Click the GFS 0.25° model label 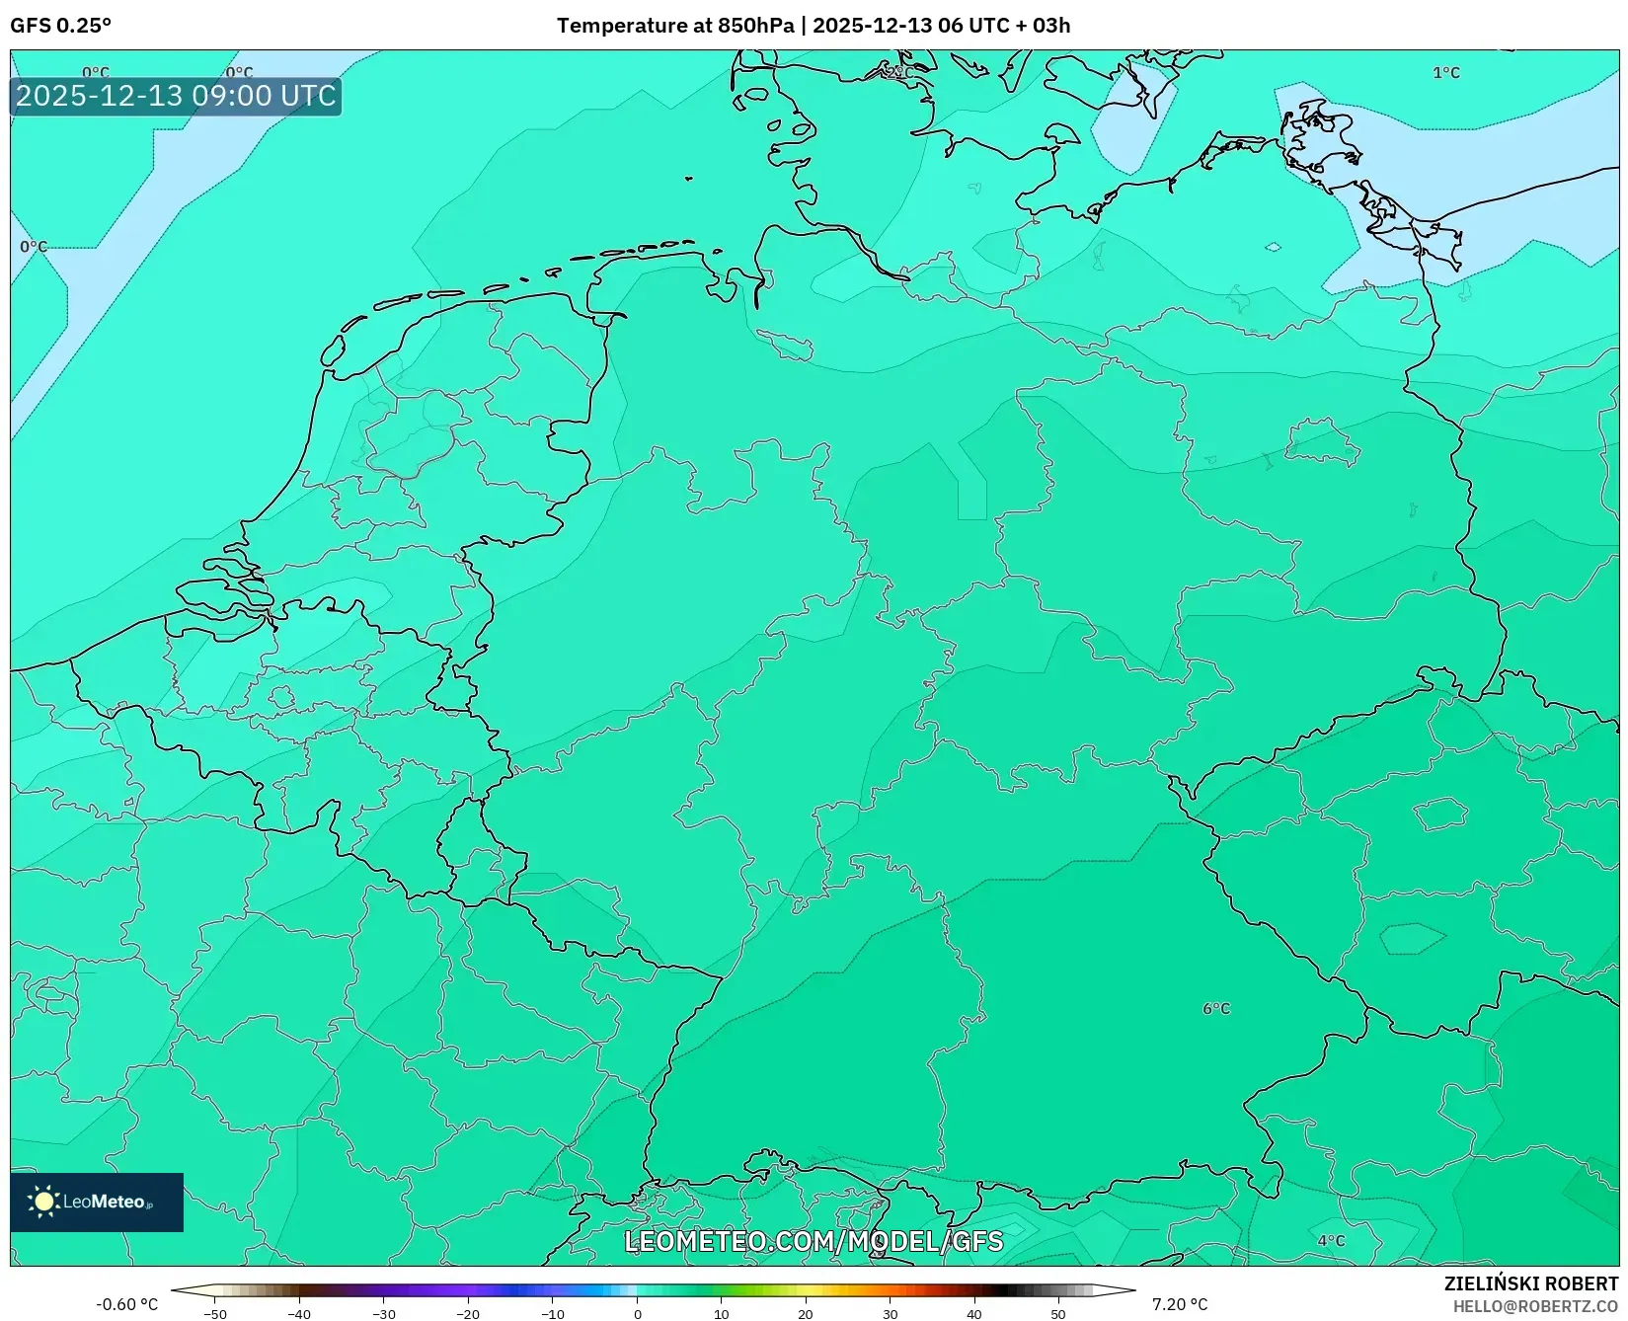(60, 26)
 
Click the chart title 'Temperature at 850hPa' (675, 26)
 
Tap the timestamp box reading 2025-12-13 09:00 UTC (176, 96)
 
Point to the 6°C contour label (1216, 1009)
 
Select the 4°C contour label (1331, 1241)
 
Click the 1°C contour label (1445, 73)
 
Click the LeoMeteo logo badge (97, 1202)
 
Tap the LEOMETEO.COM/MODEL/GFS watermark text (814, 1241)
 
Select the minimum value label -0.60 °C (126, 1304)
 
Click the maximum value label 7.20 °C (1179, 1304)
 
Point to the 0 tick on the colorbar (637, 1314)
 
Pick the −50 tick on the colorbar (214, 1314)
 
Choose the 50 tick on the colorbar (1058, 1314)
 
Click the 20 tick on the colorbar (806, 1314)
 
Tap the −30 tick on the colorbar (383, 1314)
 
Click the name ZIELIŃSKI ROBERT (1531, 1283)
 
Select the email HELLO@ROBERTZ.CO (1535, 1305)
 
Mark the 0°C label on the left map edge (34, 247)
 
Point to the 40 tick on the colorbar (974, 1314)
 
